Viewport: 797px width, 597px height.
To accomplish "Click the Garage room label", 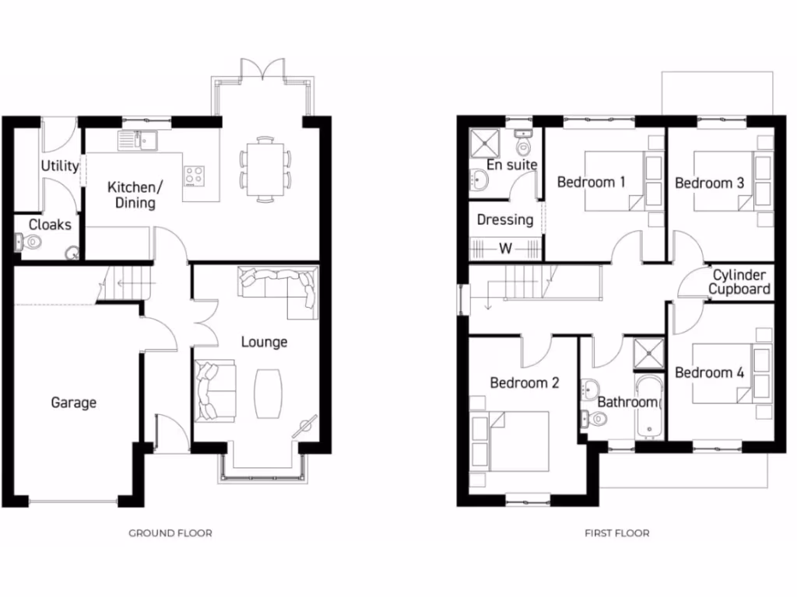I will (x=74, y=403).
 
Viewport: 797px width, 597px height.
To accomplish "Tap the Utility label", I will (x=60, y=166).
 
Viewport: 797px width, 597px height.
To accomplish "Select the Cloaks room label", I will (x=50, y=225).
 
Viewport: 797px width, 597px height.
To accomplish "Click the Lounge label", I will (x=264, y=342).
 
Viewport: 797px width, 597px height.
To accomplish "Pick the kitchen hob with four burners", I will (x=193, y=176).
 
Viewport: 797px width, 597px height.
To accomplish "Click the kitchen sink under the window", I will (x=137, y=141).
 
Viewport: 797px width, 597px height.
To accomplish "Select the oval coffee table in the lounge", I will (x=269, y=393).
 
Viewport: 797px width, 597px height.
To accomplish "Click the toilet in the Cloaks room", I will (x=32, y=243).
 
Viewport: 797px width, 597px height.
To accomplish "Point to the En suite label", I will (x=511, y=166).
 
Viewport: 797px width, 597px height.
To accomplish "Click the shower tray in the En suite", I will (x=486, y=141).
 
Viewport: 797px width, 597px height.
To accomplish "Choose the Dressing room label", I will (x=505, y=220).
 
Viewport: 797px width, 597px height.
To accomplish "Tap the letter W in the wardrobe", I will (x=505, y=250).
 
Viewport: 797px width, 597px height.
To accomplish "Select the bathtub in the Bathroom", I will (x=647, y=407).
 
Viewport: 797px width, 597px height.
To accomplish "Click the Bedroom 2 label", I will (x=525, y=383).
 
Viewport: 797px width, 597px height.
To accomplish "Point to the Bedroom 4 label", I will (x=709, y=373).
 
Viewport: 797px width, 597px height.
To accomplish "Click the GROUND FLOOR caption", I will (x=170, y=533).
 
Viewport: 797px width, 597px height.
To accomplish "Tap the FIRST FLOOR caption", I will (x=616, y=533).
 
